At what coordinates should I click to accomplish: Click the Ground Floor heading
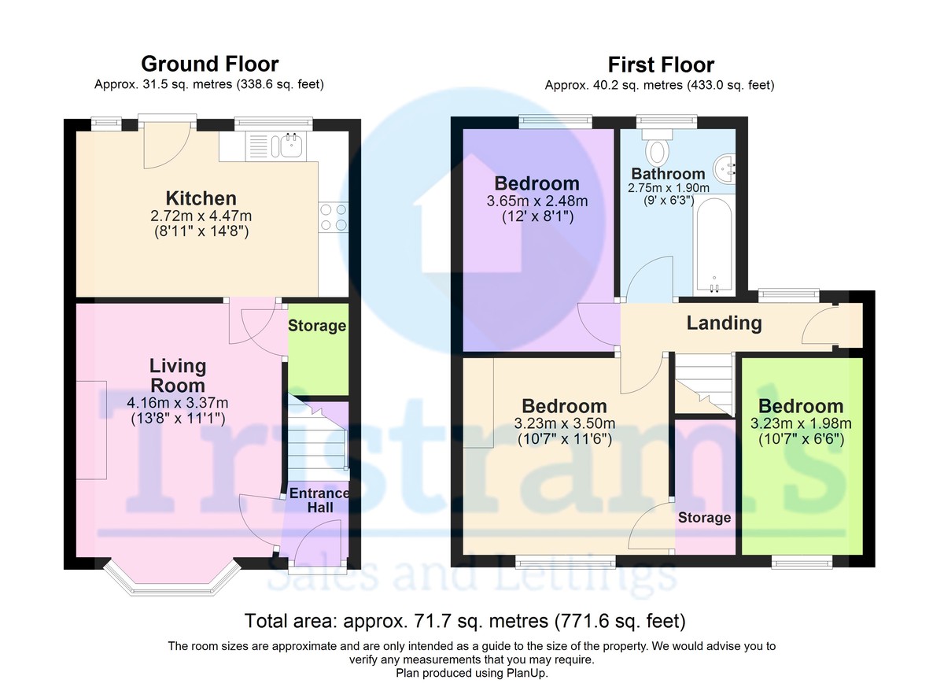pyautogui.click(x=209, y=64)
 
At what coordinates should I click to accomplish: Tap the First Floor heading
pyautogui.click(x=661, y=65)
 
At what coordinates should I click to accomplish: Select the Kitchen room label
pyautogui.click(x=201, y=198)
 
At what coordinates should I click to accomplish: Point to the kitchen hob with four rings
pyautogui.click(x=334, y=217)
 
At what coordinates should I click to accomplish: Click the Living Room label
pyautogui.click(x=178, y=375)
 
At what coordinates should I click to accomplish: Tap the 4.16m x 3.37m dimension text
pyautogui.click(x=178, y=402)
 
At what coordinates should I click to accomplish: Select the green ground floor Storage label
pyautogui.click(x=317, y=325)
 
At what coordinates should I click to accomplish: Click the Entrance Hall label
pyautogui.click(x=319, y=500)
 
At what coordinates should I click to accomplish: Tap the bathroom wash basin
pyautogui.click(x=725, y=169)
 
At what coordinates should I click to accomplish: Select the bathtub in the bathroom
pyautogui.click(x=714, y=246)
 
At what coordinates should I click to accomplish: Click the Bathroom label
pyautogui.click(x=669, y=174)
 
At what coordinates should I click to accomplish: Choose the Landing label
pyautogui.click(x=724, y=323)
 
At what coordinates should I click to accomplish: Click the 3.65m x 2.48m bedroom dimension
pyautogui.click(x=537, y=201)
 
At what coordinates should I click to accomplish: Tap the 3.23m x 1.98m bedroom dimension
pyautogui.click(x=801, y=423)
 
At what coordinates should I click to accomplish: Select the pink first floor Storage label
pyautogui.click(x=704, y=518)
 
